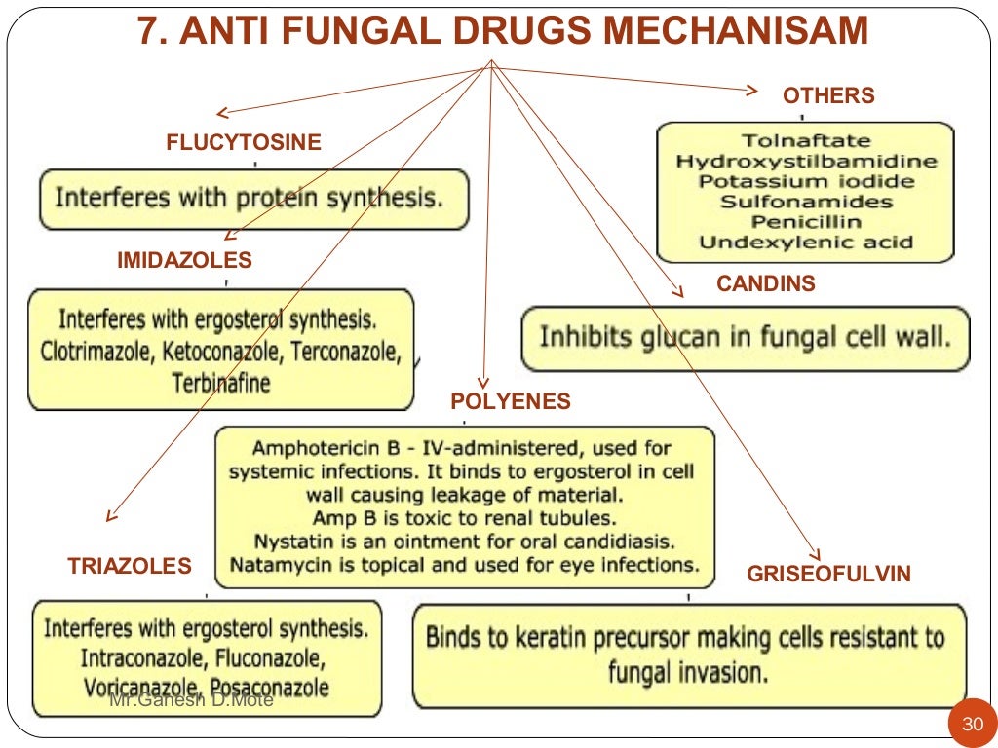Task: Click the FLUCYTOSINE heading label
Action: [x=243, y=143]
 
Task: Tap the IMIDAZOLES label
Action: [x=184, y=261]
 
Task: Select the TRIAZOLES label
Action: [x=130, y=567]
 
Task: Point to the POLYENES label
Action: [x=511, y=401]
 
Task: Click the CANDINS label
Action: [x=766, y=284]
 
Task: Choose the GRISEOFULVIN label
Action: [x=828, y=575]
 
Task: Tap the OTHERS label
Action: [x=828, y=95]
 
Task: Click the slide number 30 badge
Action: [x=973, y=725]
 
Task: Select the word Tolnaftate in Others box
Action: [x=806, y=141]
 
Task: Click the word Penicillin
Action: [x=806, y=222]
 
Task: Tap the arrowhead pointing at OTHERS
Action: [x=751, y=90]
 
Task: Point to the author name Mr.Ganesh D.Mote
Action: [x=191, y=699]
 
